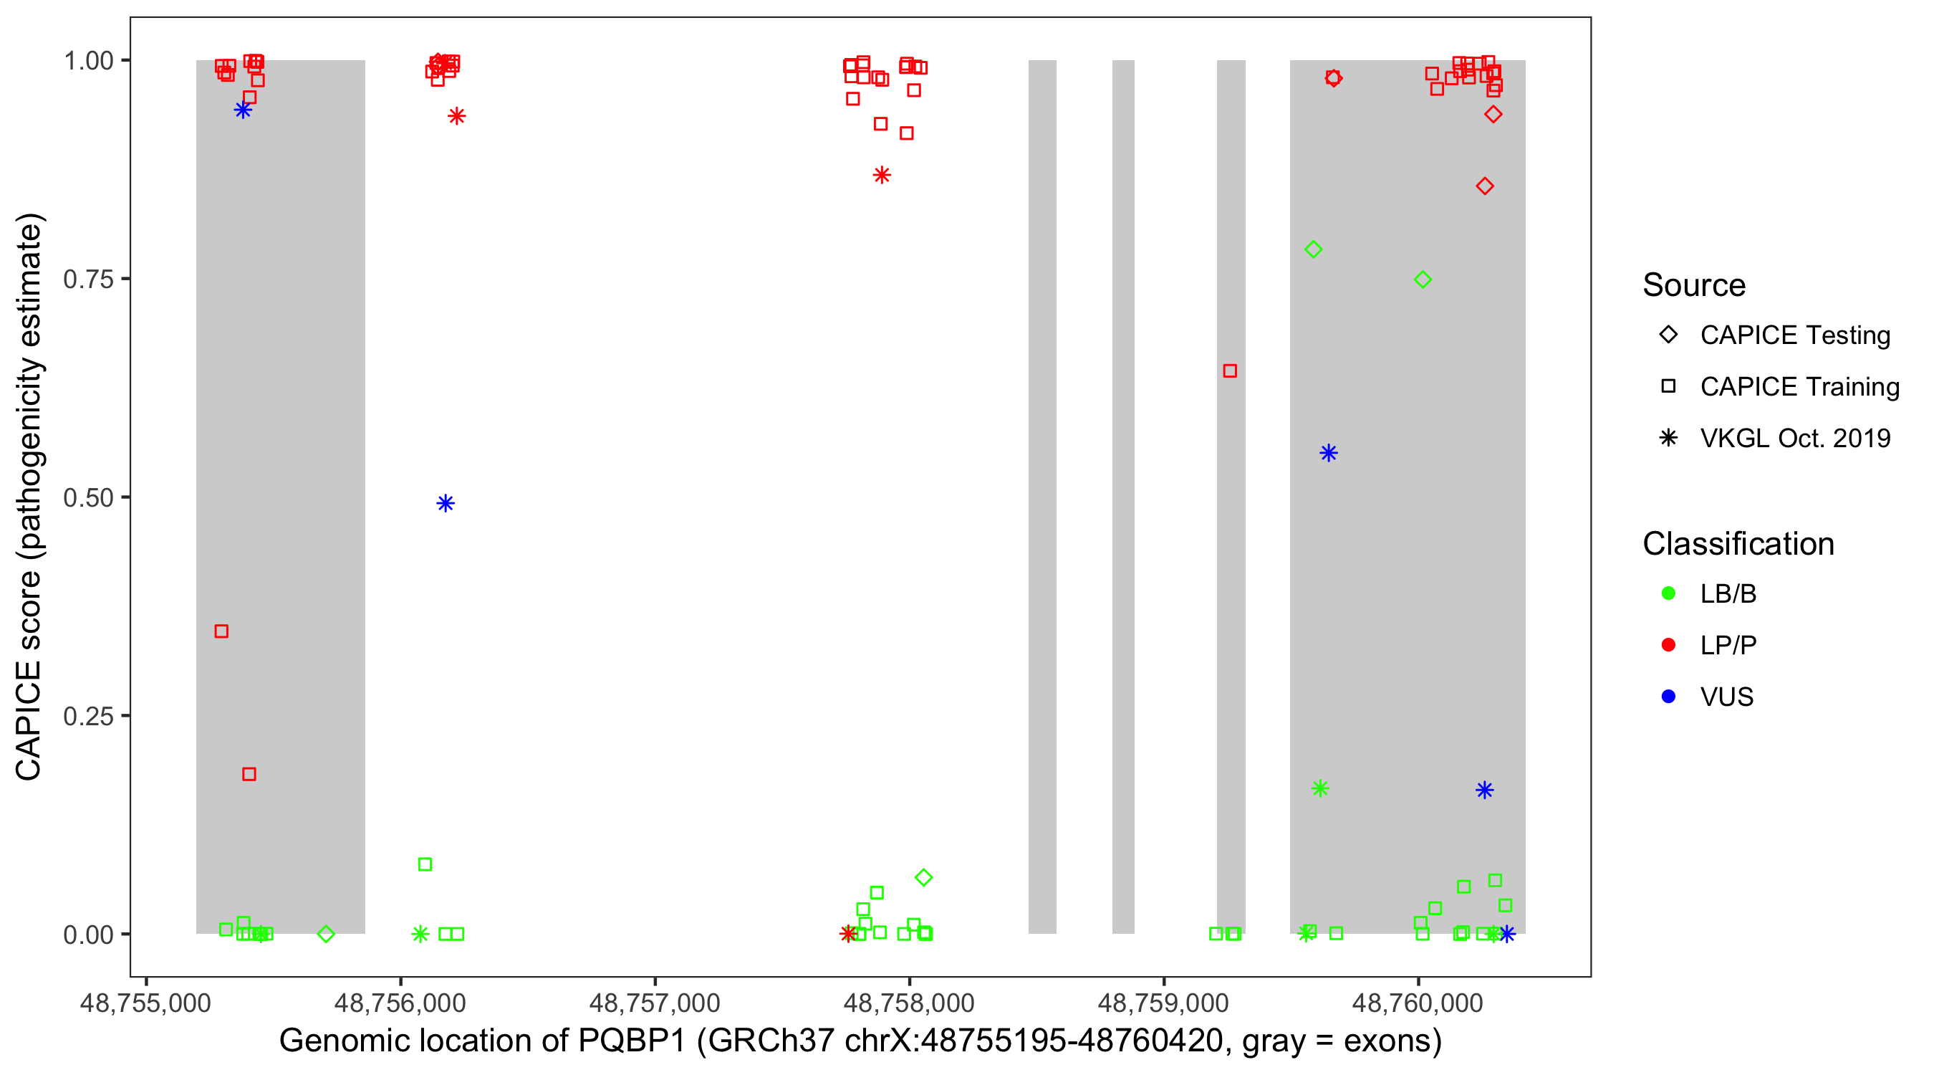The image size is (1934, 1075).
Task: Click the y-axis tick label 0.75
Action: tap(88, 279)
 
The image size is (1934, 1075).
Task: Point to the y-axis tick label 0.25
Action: tap(88, 716)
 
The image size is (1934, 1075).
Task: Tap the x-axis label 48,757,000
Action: tap(654, 1003)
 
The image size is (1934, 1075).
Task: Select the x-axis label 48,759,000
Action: tap(1163, 1003)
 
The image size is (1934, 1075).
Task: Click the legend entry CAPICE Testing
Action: tap(1794, 335)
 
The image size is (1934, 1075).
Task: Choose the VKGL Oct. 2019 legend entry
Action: tap(1794, 438)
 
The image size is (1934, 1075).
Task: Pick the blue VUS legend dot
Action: tap(1668, 697)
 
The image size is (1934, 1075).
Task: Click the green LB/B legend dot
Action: tap(1668, 593)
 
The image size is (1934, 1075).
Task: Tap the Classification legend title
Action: tap(1737, 544)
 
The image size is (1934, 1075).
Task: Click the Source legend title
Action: tap(1693, 285)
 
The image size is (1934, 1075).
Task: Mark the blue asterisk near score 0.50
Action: tap(446, 503)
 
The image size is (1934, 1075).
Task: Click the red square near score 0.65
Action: tap(1230, 371)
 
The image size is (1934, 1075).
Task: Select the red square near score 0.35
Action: tap(221, 631)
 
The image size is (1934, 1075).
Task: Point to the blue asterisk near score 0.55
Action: tap(1328, 453)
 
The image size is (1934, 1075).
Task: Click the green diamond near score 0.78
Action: tap(1313, 249)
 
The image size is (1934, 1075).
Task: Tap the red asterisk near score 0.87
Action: tap(882, 176)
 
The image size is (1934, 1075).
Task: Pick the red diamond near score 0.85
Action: tap(1484, 186)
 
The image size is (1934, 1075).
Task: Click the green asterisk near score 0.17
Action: tap(1320, 789)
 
